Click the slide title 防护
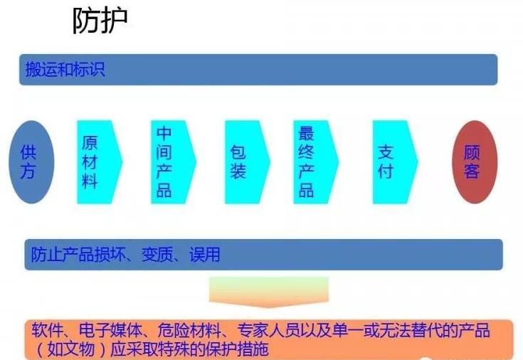click(x=100, y=23)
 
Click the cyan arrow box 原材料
click(x=95, y=162)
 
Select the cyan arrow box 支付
click(x=389, y=162)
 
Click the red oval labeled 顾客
click(x=472, y=162)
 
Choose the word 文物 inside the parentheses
click(x=77, y=350)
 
